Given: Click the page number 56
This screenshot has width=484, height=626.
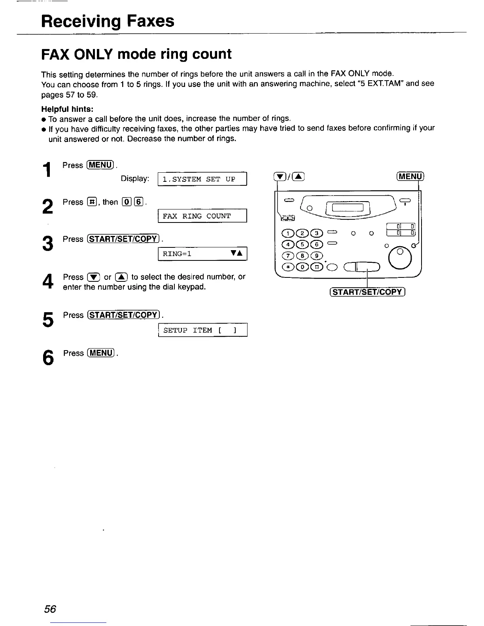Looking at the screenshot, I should [x=50, y=609].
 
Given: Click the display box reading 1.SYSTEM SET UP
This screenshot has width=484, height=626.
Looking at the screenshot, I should [x=202, y=179].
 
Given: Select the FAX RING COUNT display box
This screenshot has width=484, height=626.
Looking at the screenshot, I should [x=202, y=216].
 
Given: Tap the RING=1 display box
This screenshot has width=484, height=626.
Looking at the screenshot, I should [x=202, y=253].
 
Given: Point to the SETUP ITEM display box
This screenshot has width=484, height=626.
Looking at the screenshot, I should [x=202, y=330].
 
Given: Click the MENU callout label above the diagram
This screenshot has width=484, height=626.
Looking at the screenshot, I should [x=410, y=176].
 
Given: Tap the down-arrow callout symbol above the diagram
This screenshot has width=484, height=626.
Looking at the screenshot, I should [x=280, y=177].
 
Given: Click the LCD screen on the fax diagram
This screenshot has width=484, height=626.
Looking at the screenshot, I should [x=349, y=208].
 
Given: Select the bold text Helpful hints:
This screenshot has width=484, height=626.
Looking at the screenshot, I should [x=68, y=109].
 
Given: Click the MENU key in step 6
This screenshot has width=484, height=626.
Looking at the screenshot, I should [x=101, y=353].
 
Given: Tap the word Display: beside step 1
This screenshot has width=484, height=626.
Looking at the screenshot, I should [x=135, y=179].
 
